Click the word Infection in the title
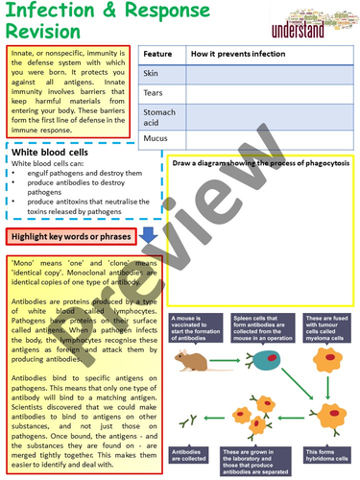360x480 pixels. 48,12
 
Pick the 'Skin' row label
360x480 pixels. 153,73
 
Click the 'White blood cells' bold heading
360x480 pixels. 52,154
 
